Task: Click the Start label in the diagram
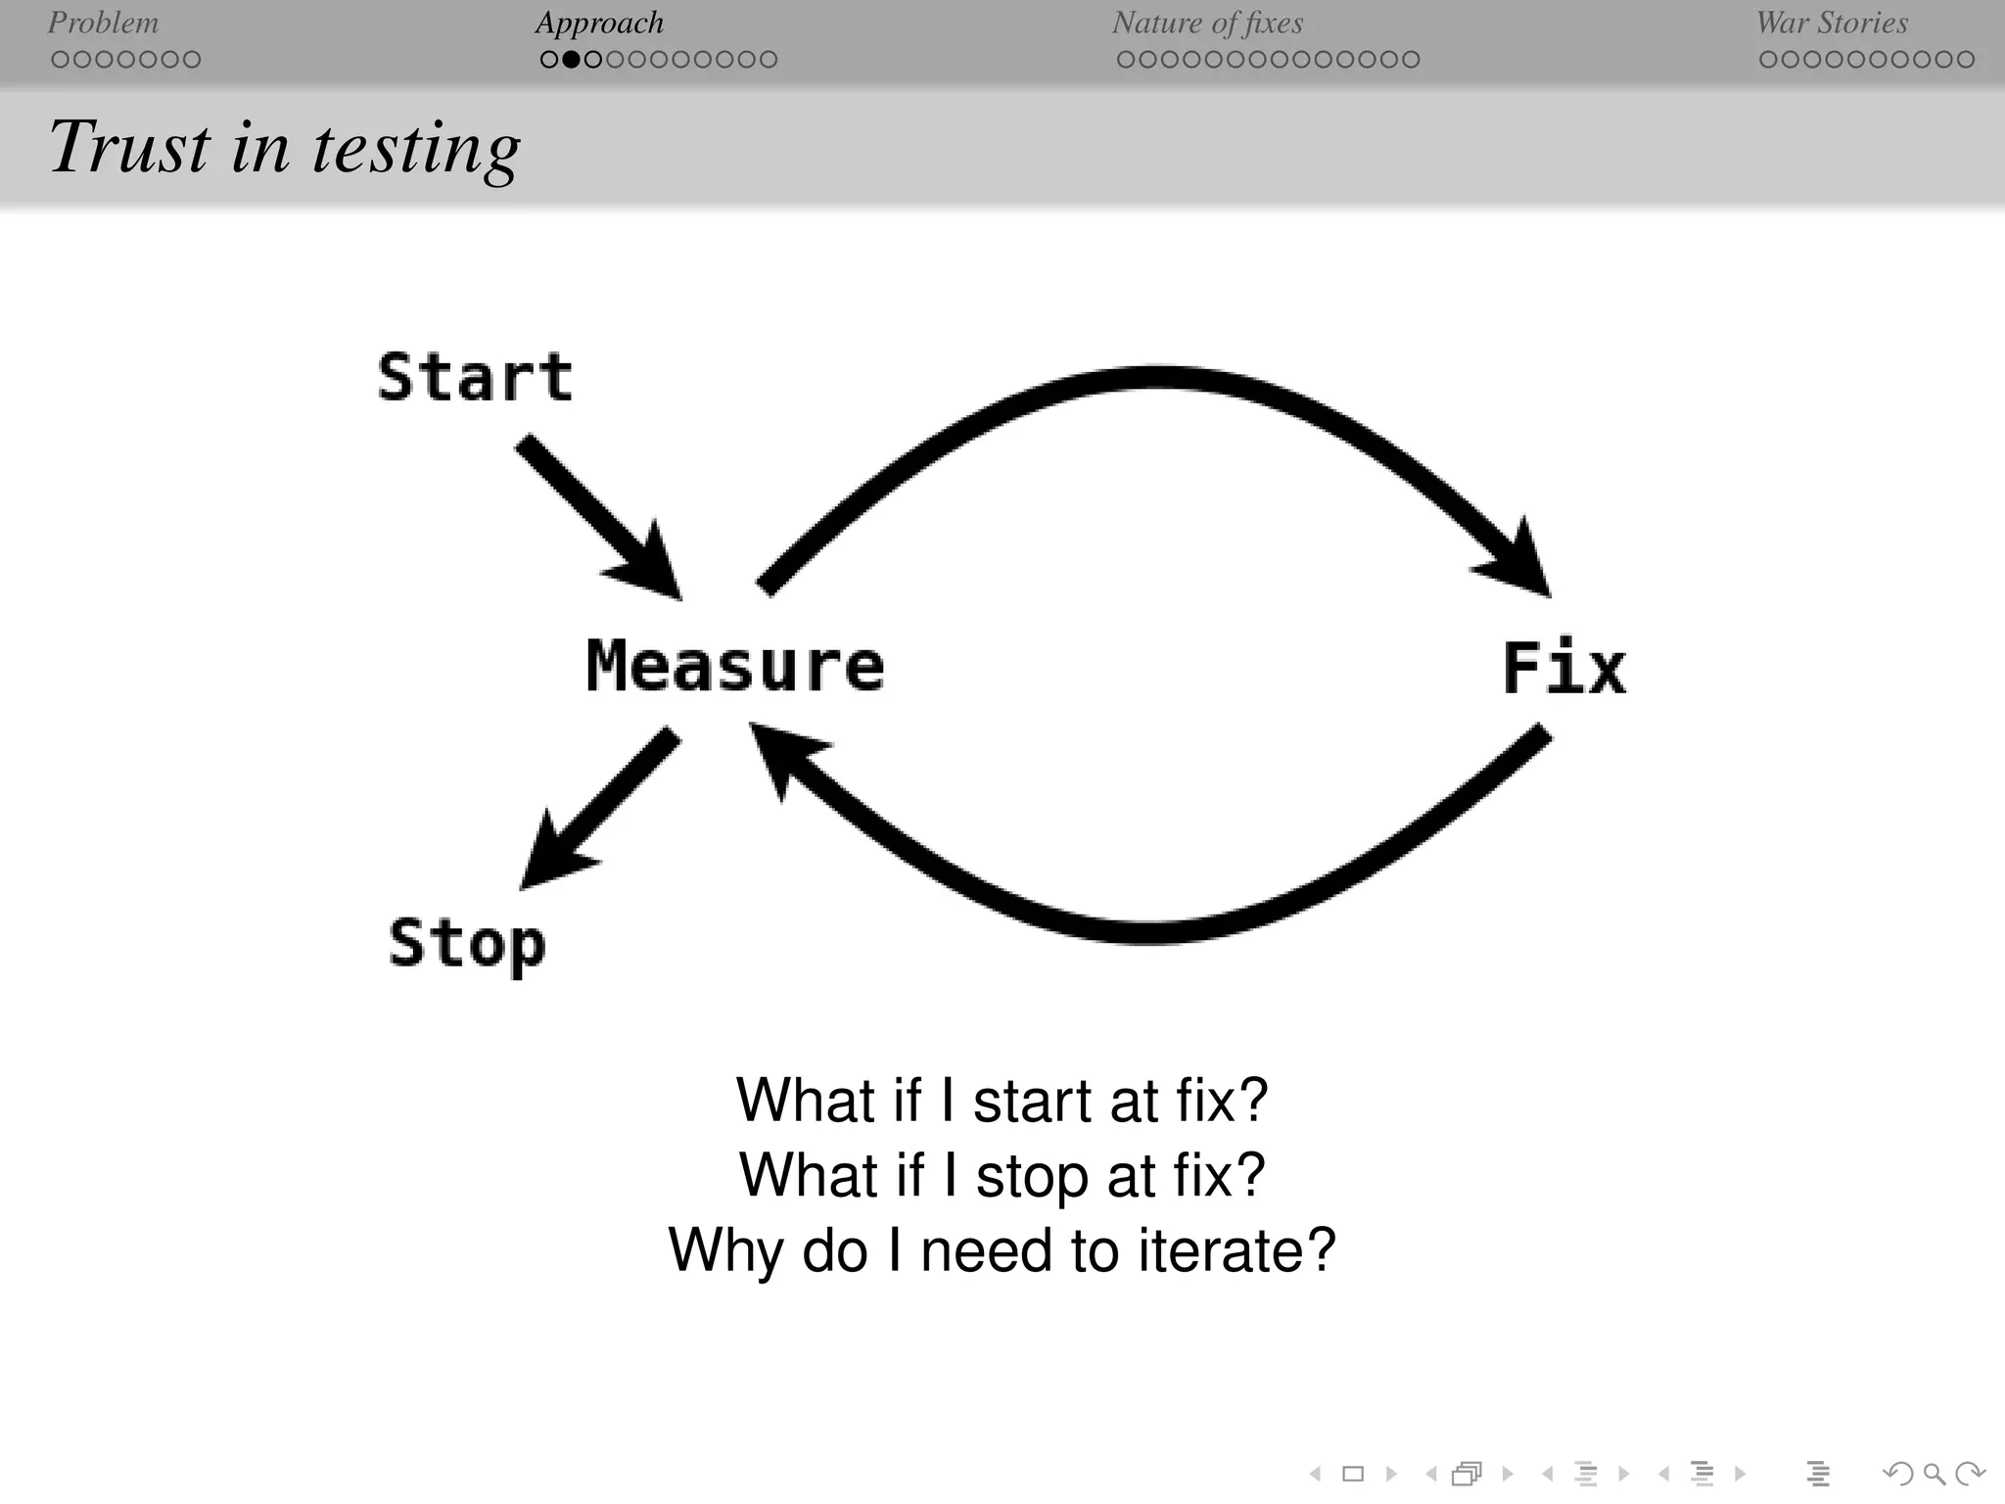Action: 475,378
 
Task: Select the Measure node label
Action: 735,666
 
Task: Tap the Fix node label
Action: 1563,668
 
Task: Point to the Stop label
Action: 467,943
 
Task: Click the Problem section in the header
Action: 103,23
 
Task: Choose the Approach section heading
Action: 599,23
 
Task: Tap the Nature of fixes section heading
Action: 1207,23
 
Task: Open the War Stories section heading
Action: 1832,23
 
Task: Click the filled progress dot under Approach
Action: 571,60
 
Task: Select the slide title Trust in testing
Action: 284,147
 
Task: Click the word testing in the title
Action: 416,149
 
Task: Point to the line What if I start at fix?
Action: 1002,1100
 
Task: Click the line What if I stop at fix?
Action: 1002,1175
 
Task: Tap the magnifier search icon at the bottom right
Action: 1934,1473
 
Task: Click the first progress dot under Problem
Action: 60,60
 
